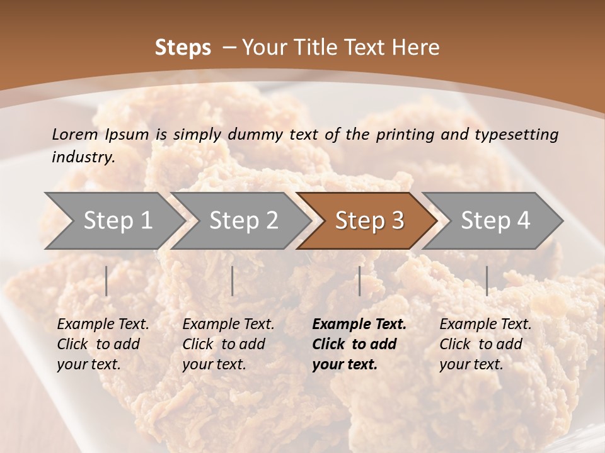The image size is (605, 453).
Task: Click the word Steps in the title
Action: coord(183,48)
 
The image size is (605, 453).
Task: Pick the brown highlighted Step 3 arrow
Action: coord(369,221)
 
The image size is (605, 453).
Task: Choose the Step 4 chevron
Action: coord(495,221)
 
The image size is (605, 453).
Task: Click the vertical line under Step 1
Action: coord(107,281)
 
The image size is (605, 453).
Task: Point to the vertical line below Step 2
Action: coord(233,281)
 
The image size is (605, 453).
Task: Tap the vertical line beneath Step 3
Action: coord(359,281)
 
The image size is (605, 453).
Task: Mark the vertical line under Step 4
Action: coord(487,281)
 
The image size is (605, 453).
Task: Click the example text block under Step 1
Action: coord(103,344)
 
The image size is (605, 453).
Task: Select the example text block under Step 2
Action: coord(228,344)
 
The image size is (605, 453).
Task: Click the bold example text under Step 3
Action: coord(359,344)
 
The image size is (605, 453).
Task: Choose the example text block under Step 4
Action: coord(485,344)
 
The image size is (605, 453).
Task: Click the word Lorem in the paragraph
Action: coord(74,135)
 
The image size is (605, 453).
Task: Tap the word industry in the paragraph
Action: coord(83,157)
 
